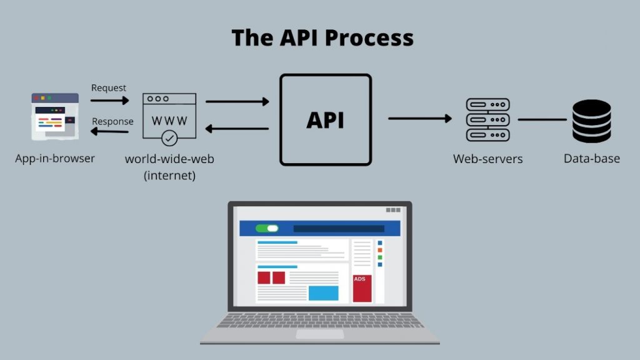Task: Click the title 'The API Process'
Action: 322,38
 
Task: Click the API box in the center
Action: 325,119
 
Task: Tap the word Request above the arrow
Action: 109,88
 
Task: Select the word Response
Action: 112,121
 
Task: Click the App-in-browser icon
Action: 55,116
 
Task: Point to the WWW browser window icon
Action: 169,116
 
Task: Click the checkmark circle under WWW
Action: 169,137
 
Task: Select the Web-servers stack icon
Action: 487,119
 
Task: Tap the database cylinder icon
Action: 591,119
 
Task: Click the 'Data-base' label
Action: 591,159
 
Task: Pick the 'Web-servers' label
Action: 487,159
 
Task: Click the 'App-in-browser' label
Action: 55,159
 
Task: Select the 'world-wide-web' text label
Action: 169,159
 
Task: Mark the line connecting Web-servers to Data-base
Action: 541,119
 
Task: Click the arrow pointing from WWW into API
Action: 237,101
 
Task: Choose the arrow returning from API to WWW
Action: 237,129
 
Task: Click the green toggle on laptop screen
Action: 267,228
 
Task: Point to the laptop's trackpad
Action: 319,334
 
